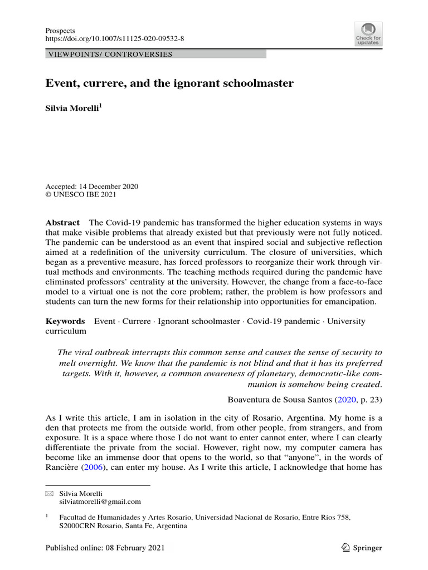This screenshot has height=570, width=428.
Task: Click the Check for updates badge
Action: click(x=368, y=35)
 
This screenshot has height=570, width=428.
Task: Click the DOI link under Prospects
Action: click(x=114, y=39)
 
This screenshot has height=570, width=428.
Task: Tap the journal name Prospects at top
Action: click(x=60, y=30)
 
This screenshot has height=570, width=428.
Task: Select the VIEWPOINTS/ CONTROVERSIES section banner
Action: click(x=109, y=55)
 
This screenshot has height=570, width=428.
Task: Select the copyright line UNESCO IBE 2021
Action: click(x=84, y=195)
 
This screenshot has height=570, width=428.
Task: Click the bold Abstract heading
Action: click(x=62, y=222)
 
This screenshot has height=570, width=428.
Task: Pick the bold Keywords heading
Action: click(x=65, y=321)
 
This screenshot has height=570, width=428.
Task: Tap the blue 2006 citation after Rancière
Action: click(x=93, y=468)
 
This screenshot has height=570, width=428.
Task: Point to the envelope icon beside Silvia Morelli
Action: click(x=48, y=493)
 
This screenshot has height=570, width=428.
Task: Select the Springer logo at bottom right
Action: click(x=361, y=548)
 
